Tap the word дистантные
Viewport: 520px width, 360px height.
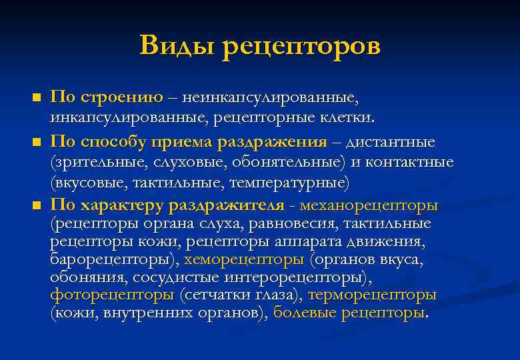pyautogui.click(x=389, y=141)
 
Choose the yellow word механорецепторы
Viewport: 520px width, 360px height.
pyautogui.click(x=373, y=203)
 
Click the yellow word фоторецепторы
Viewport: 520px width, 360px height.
pyautogui.click(x=113, y=295)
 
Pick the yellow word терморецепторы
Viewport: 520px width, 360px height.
pyautogui.click(x=372, y=295)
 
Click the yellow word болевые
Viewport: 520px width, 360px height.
pyautogui.click(x=305, y=313)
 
